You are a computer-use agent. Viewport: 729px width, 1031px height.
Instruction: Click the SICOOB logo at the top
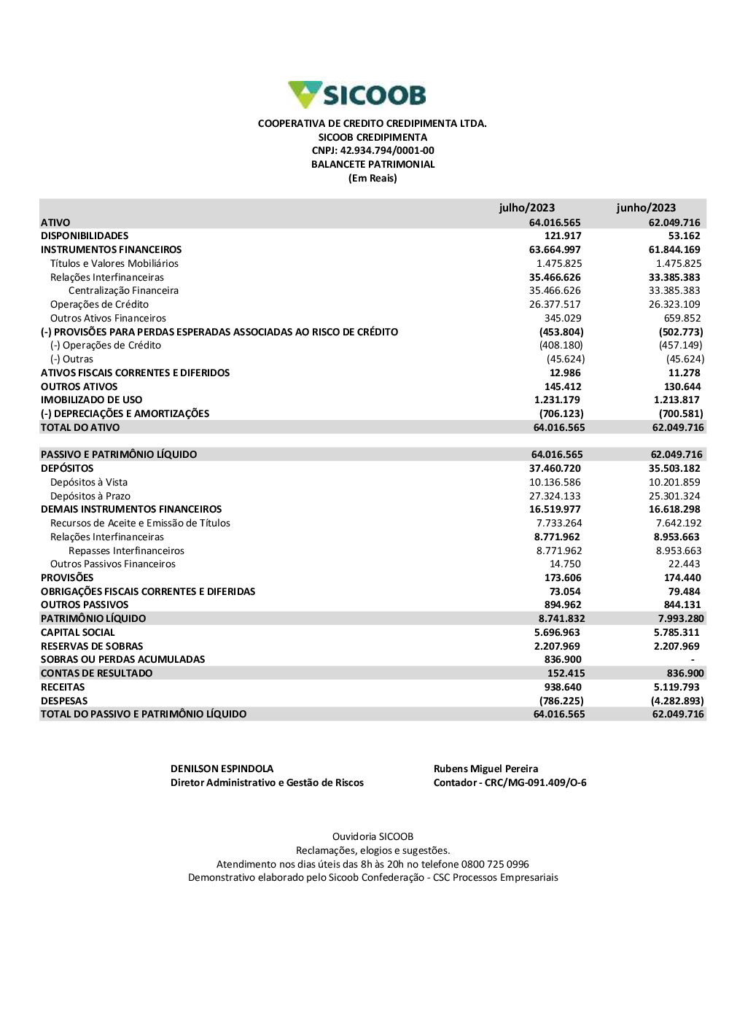click(357, 95)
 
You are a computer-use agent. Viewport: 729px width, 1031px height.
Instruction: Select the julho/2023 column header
click(526, 208)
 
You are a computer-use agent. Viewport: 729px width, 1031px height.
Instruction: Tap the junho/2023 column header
click(646, 208)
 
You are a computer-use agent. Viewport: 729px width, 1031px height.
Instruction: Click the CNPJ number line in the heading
click(373, 151)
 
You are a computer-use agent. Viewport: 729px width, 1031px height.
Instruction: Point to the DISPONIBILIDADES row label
click(85, 236)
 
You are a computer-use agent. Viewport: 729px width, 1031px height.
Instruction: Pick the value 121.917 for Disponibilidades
click(563, 236)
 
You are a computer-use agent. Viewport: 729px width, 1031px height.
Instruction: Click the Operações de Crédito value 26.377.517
click(555, 305)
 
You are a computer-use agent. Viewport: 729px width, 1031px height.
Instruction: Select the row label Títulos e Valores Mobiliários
click(114, 264)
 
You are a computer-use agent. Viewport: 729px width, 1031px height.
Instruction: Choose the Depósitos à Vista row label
click(88, 483)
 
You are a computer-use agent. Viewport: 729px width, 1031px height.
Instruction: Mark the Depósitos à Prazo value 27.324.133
click(555, 497)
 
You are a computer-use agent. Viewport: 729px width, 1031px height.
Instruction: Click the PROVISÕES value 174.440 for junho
click(682, 578)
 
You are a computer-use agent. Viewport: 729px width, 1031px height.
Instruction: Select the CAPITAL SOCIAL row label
click(77, 633)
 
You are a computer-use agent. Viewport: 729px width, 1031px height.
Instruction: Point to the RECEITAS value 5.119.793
click(677, 688)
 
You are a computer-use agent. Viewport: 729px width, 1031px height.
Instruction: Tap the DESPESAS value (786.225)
click(561, 701)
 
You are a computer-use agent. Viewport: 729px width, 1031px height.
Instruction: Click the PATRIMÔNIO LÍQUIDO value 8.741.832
click(561, 619)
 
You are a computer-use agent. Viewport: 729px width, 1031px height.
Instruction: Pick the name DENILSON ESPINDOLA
click(222, 769)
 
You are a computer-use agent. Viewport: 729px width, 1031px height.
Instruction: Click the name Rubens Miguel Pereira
click(486, 769)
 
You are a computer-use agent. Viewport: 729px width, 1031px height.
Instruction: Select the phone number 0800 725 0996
click(495, 865)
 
